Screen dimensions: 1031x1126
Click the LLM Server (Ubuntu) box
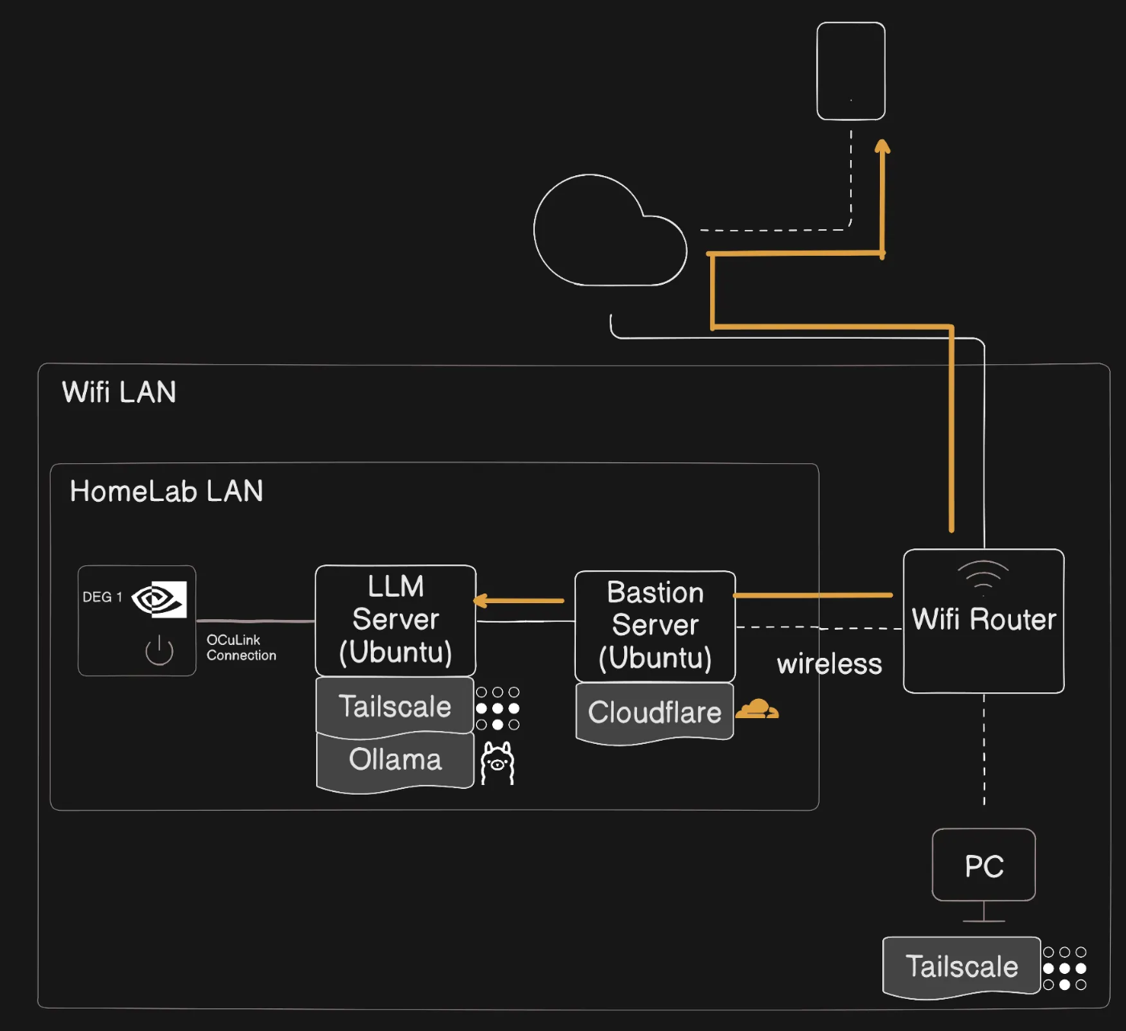point(396,620)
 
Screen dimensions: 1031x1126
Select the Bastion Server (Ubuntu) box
point(655,626)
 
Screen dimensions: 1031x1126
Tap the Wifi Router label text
point(984,619)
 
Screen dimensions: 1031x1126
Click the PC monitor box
point(984,865)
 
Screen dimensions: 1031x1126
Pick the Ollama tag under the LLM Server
point(395,760)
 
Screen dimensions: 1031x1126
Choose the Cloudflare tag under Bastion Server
point(655,713)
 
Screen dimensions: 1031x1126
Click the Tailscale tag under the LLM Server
point(395,706)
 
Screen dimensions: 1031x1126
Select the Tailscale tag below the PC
point(961,967)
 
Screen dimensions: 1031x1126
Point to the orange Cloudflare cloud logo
point(757,709)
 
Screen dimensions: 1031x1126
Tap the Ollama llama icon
point(497,763)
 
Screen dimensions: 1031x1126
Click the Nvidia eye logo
point(159,599)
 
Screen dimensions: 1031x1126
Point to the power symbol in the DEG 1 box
point(159,651)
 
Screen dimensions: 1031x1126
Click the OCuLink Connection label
point(240,647)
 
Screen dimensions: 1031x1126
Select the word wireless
point(829,664)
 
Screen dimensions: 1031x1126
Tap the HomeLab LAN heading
point(166,491)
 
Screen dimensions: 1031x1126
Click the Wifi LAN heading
point(119,392)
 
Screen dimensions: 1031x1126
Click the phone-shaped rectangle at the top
point(851,72)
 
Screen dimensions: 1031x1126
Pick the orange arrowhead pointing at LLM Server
point(481,601)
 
